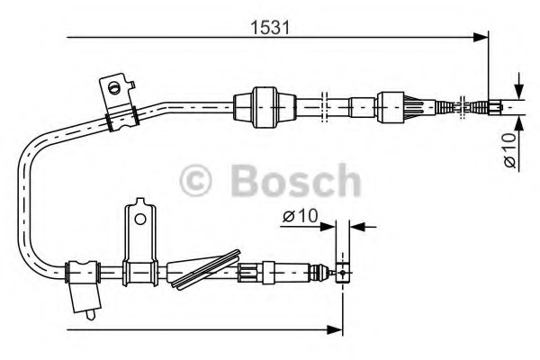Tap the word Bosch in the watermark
(x=296, y=180)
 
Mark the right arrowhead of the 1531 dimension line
(x=481, y=38)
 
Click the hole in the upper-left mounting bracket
(x=113, y=87)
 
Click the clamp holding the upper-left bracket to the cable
(x=119, y=115)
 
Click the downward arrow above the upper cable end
(x=519, y=88)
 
